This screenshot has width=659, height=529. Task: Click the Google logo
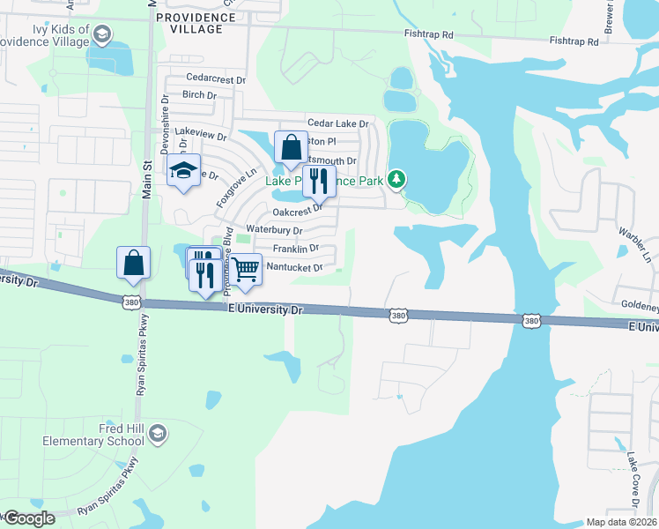(x=28, y=518)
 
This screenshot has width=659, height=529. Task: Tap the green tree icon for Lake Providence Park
(x=397, y=180)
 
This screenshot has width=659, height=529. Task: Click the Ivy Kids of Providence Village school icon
(x=102, y=34)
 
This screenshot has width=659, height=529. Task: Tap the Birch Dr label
(x=199, y=95)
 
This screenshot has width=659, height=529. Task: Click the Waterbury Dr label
(x=274, y=230)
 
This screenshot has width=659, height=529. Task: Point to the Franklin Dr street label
(x=295, y=249)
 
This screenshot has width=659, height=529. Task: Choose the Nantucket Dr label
(x=294, y=266)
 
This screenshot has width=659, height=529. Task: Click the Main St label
(x=148, y=182)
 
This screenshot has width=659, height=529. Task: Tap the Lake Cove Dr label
(x=633, y=481)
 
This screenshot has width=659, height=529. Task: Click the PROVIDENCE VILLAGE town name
(x=189, y=23)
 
